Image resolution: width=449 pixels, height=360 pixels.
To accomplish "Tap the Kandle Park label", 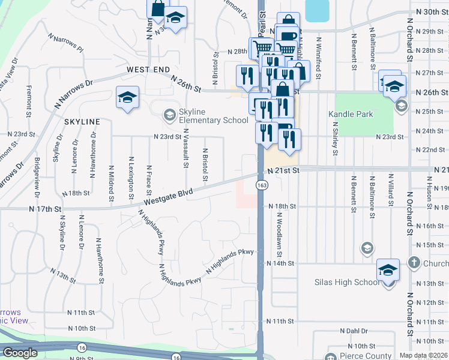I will pos(351,114).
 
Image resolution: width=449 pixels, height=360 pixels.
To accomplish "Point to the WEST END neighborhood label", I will pos(148,70).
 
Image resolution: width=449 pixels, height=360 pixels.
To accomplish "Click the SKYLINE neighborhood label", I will pos(82,122).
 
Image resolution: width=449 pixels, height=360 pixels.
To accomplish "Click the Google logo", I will pos(20,353).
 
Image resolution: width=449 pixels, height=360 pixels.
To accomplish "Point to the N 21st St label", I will pos(283,171).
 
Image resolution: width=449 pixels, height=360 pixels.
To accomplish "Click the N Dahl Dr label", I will pos(353,331).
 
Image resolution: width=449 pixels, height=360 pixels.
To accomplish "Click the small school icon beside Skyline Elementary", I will pos(170,114).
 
